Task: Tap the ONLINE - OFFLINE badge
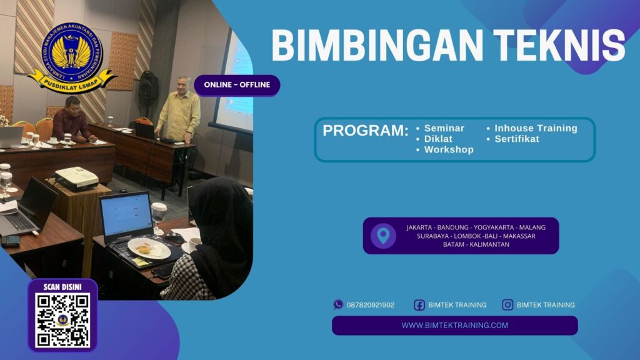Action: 237,85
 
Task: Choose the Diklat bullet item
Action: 438,139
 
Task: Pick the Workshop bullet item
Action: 449,150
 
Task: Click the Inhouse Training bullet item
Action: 536,128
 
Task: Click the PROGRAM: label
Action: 366,131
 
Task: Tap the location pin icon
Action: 383,236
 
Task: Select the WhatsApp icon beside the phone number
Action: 338,305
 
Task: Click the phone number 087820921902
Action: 371,305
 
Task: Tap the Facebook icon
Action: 419,305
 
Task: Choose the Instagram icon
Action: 507,305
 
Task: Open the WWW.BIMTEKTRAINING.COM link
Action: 454,325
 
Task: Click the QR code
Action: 62,320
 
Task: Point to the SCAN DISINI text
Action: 62,287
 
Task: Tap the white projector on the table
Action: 76,178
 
